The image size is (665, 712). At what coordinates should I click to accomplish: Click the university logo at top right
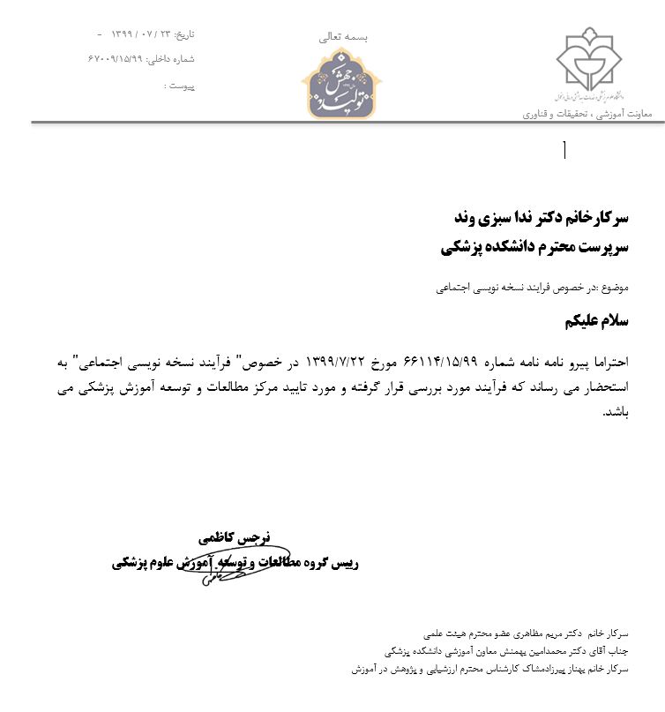589,64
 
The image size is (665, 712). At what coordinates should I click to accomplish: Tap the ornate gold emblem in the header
343,83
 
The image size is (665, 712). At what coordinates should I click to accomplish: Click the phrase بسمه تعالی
342,37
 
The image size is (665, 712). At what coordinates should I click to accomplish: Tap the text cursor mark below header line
564,151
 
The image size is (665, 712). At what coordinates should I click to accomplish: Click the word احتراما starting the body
631,361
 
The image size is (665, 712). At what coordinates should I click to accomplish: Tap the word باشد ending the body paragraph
614,411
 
